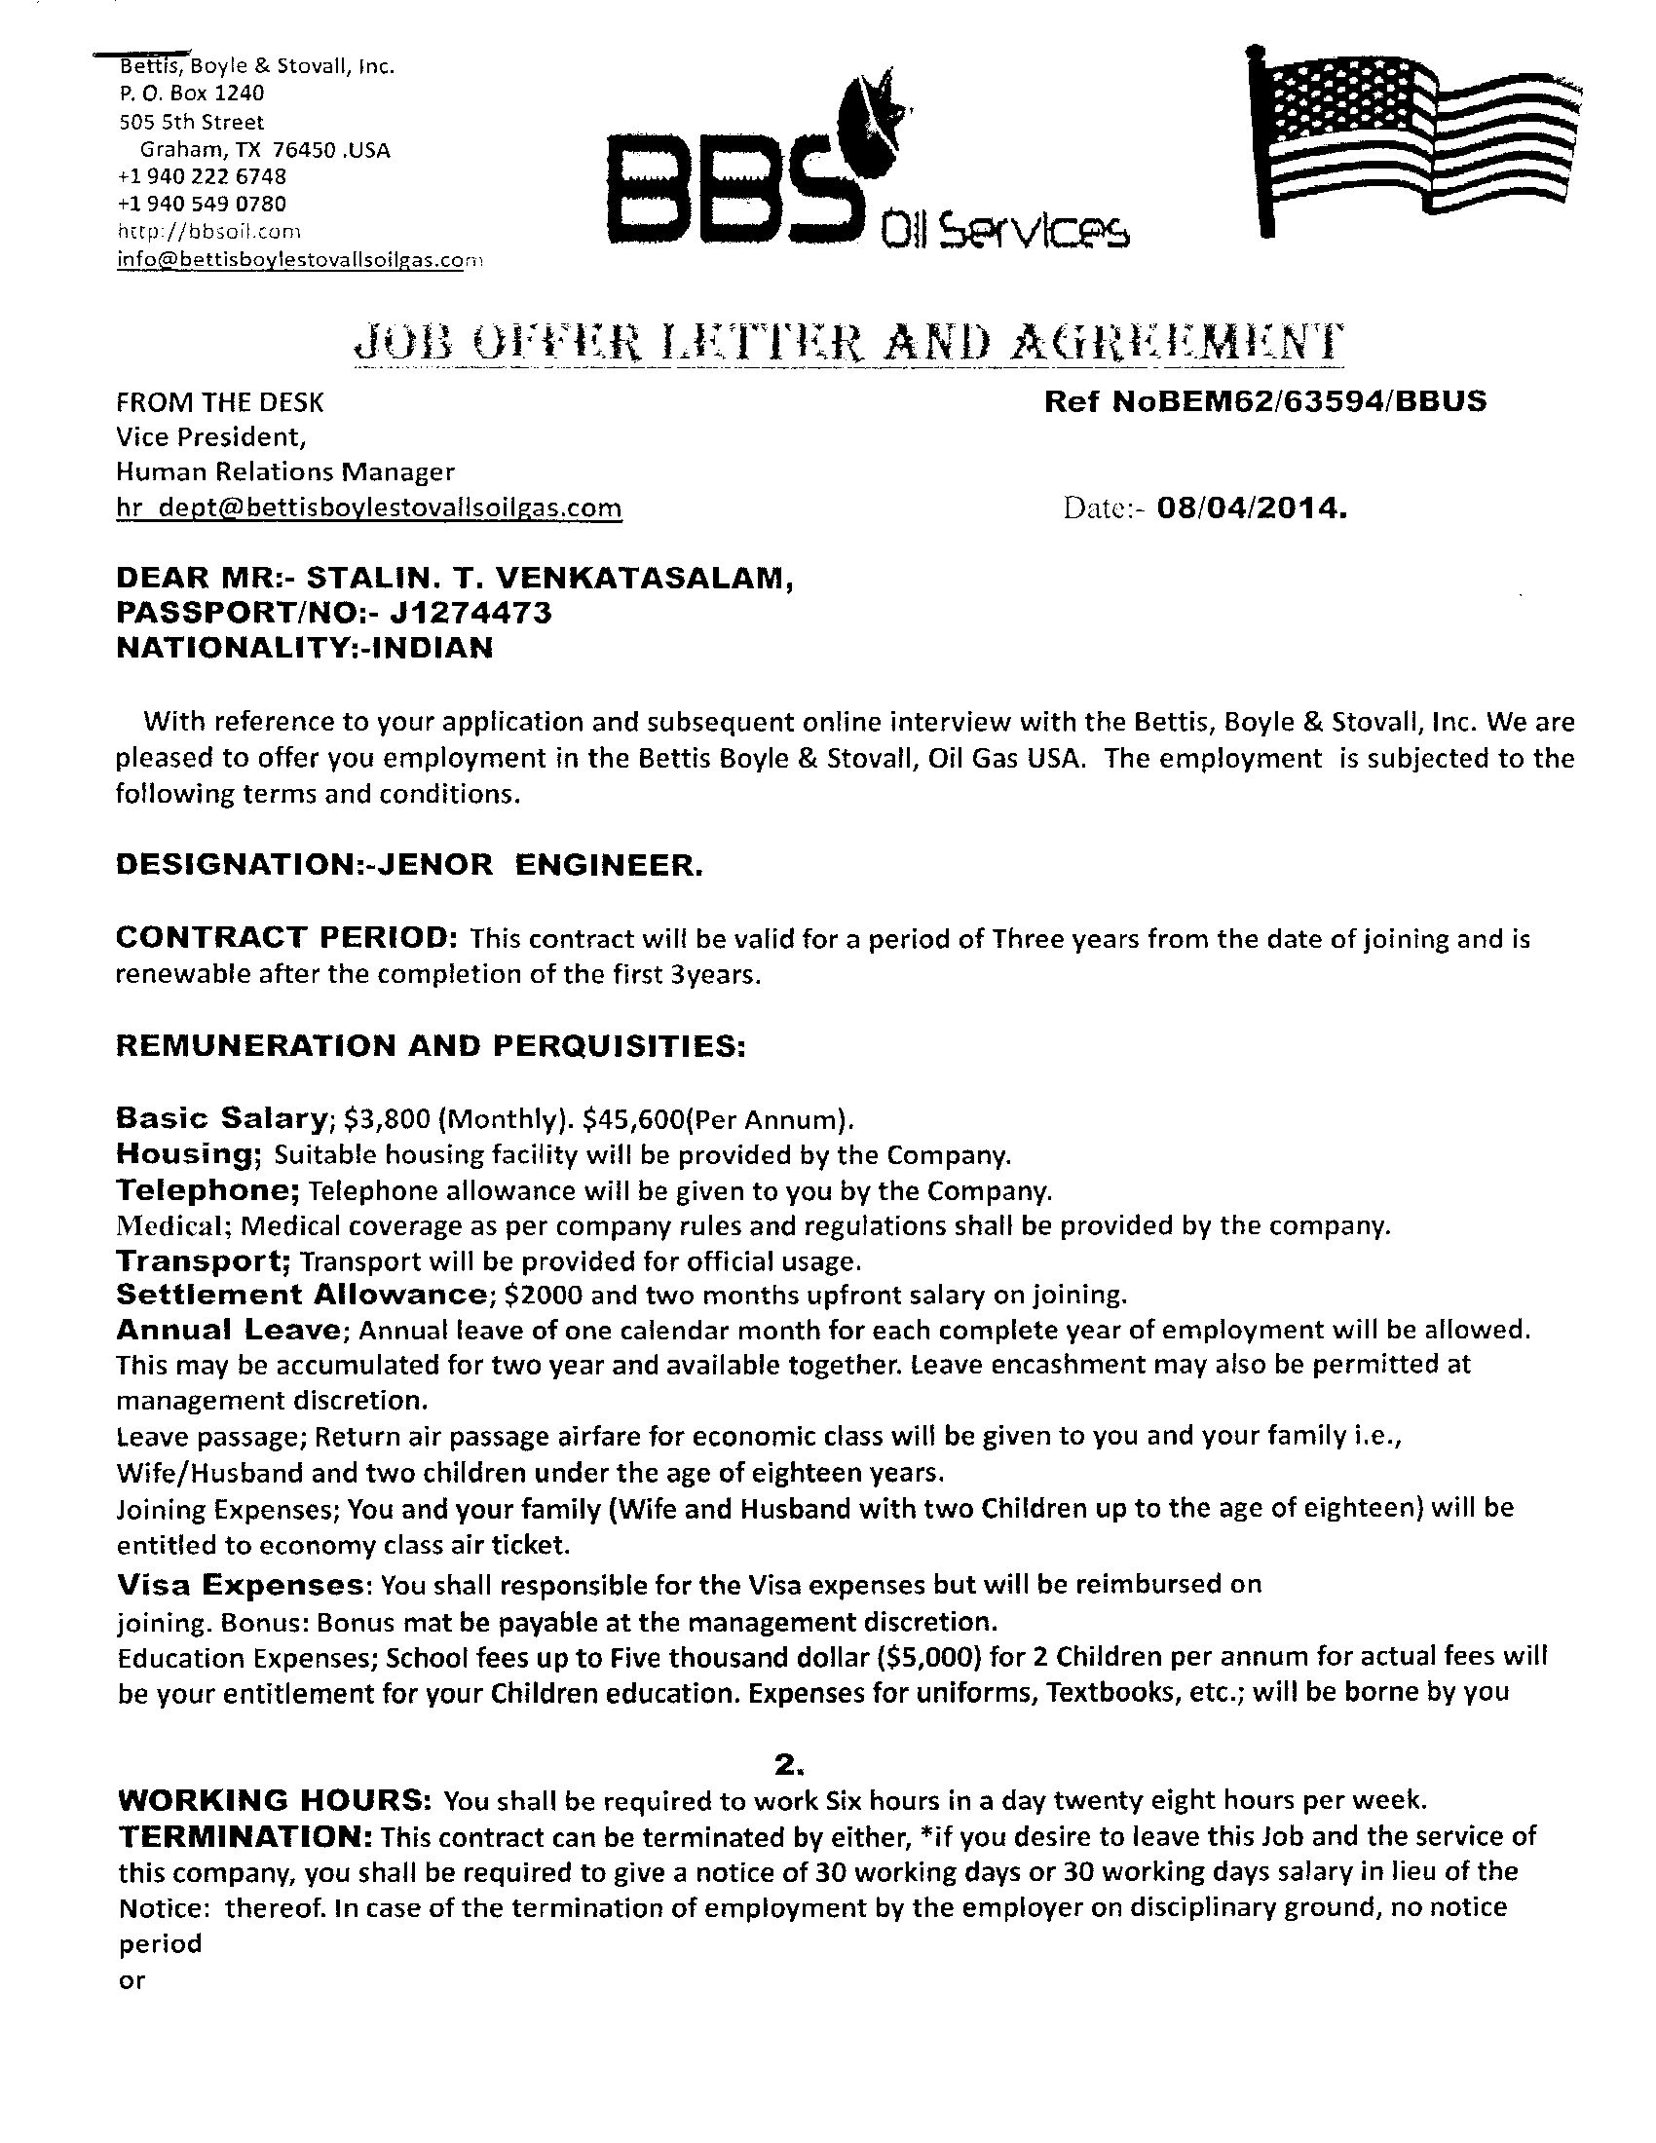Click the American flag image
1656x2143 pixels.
[1415, 137]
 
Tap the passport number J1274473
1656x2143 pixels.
[470, 614]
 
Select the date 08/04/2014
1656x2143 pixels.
[1252, 508]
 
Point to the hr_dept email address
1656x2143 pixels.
[368, 508]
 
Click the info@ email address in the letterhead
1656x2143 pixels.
[300, 260]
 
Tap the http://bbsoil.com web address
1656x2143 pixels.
[208, 232]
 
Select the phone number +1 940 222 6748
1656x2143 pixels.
[201, 176]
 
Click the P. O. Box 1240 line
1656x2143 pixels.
[191, 94]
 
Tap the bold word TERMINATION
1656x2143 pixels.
[245, 1836]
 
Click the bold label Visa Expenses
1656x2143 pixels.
[245, 1585]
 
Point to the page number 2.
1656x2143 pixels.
[788, 1765]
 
